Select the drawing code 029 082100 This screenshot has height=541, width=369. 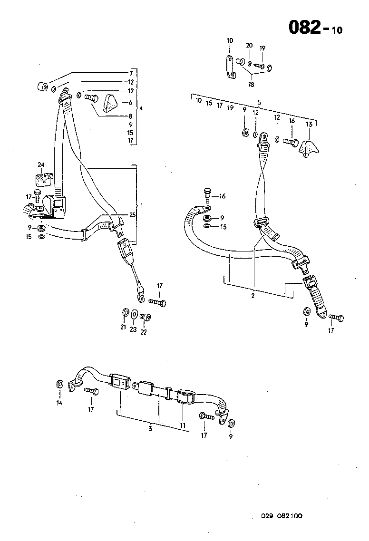pos(281,516)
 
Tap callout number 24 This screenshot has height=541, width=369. pos(40,165)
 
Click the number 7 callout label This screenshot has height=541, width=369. pos(131,73)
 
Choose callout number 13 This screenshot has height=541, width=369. pos(310,124)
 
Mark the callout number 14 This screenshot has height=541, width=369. pos(59,403)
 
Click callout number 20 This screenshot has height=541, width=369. pos(249,45)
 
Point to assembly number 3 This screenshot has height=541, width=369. pos(150,429)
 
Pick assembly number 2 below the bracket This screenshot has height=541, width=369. pos(253,296)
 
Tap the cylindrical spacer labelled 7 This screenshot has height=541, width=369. pos(42,87)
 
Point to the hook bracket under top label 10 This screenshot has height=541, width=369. pos(230,68)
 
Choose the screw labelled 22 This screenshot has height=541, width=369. pos(146,317)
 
